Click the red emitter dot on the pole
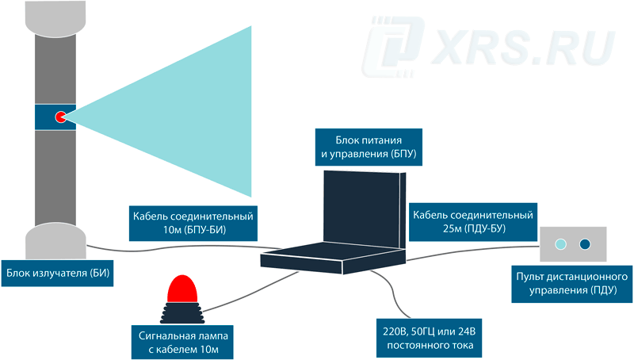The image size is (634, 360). tap(60, 117)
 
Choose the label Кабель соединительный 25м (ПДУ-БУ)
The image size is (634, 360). tap(473, 222)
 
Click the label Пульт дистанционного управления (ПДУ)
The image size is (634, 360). tap(571, 284)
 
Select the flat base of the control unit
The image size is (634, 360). tap(333, 259)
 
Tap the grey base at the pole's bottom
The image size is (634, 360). tap(55, 241)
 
